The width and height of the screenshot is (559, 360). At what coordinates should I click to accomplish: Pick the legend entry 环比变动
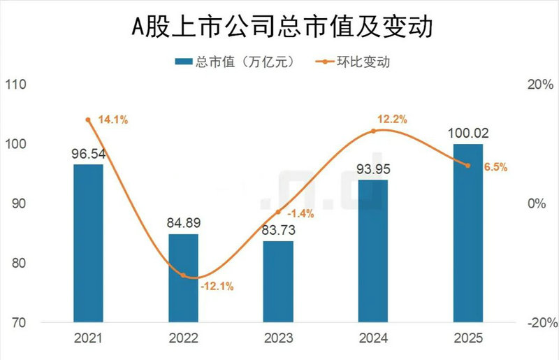(x=356, y=62)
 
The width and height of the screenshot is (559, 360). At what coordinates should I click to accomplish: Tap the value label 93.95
(x=373, y=170)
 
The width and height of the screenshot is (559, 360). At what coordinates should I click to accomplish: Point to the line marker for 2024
(x=373, y=131)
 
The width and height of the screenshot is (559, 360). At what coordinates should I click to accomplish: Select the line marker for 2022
(x=183, y=275)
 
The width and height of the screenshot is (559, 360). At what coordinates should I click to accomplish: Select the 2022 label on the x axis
(x=183, y=339)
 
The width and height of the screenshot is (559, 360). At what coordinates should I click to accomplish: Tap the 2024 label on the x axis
(x=373, y=339)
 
